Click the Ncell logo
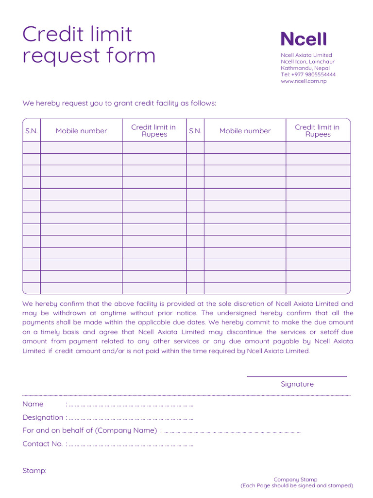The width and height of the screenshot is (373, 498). pyautogui.click(x=304, y=39)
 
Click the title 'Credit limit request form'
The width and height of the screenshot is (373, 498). pyautogui.click(x=89, y=45)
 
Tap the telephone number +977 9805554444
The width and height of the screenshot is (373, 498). pyautogui.click(x=308, y=74)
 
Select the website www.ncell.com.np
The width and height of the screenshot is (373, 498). pyautogui.click(x=304, y=81)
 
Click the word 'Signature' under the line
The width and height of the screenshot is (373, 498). pyautogui.click(x=297, y=384)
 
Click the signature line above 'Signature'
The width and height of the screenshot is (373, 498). pyautogui.click(x=297, y=376)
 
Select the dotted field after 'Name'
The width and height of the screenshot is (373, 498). pyautogui.click(x=131, y=405)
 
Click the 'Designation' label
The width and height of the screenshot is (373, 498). pyautogui.click(x=43, y=417)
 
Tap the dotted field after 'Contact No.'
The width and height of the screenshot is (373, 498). pyautogui.click(x=131, y=444)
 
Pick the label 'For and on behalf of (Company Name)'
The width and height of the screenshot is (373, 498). pyautogui.click(x=89, y=430)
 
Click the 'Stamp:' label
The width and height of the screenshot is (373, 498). pyautogui.click(x=34, y=471)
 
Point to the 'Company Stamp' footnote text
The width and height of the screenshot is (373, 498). pyautogui.click(x=295, y=480)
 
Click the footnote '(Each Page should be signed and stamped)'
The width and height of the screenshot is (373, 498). pyautogui.click(x=297, y=485)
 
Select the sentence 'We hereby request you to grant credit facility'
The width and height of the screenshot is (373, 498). pyautogui.click(x=119, y=103)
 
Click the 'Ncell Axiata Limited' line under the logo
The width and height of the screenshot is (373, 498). pyautogui.click(x=306, y=55)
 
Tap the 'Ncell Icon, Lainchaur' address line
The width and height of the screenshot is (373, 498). pyautogui.click(x=307, y=62)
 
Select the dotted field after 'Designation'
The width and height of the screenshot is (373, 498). pyautogui.click(x=131, y=418)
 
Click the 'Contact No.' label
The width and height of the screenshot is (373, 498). pyautogui.click(x=43, y=444)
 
